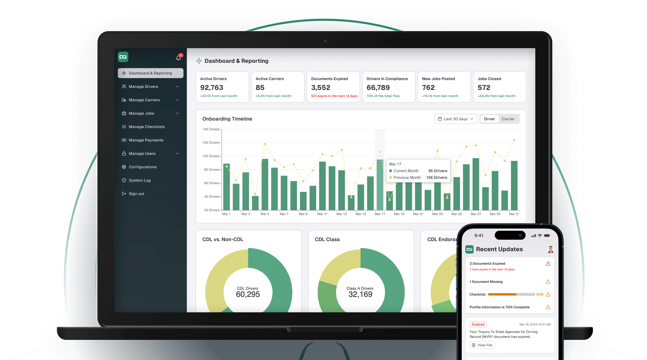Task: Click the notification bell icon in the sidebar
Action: click(x=179, y=58)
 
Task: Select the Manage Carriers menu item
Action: click(x=144, y=100)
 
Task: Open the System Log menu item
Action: click(x=139, y=180)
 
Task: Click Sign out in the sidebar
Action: click(x=136, y=194)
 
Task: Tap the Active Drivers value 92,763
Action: click(x=212, y=88)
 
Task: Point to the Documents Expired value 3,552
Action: click(x=321, y=88)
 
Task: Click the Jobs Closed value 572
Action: click(x=484, y=88)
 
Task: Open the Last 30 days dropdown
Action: click(x=455, y=119)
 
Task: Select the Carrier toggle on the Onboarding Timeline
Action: click(x=508, y=119)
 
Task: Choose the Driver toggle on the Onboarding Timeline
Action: click(x=489, y=119)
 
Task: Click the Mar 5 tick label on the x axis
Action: click(x=265, y=214)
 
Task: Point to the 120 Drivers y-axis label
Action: click(x=211, y=143)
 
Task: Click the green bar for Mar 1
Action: click(x=227, y=187)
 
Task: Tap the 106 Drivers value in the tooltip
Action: click(x=437, y=178)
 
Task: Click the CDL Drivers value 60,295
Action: click(x=248, y=294)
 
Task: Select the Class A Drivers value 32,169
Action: click(x=360, y=294)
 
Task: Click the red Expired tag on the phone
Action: click(x=478, y=325)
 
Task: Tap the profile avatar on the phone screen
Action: click(x=550, y=249)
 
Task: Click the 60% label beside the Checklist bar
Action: click(x=540, y=294)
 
